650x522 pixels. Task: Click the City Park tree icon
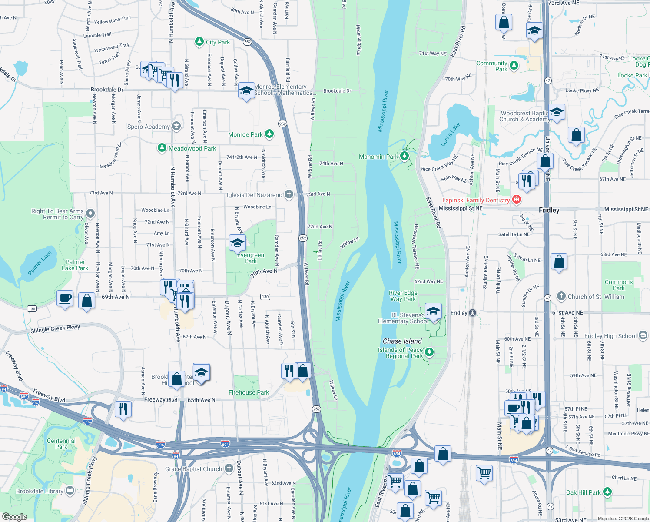click(x=199, y=42)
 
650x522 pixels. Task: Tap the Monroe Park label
click(x=245, y=134)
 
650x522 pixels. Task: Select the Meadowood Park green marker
click(x=162, y=148)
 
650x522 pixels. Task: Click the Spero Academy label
click(x=148, y=127)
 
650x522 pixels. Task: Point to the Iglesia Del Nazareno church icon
click(x=289, y=194)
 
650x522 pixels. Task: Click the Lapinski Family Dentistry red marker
click(x=517, y=200)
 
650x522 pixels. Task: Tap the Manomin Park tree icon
click(x=405, y=156)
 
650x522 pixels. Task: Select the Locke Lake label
click(x=450, y=134)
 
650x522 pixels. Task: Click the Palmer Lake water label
click(x=40, y=263)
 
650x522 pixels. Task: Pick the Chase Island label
click(x=402, y=341)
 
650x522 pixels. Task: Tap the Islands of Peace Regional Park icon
click(x=429, y=352)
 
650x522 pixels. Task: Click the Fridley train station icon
click(x=473, y=313)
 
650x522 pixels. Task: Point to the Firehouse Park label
click(x=249, y=392)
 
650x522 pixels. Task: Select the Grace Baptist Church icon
click(x=229, y=468)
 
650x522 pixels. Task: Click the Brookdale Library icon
click(x=70, y=491)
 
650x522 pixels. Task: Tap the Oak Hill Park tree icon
click(x=607, y=492)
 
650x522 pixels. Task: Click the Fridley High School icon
click(x=643, y=335)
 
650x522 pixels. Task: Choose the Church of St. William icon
click(x=561, y=296)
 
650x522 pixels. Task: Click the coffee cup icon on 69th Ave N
click(x=65, y=298)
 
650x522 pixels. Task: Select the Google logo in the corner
click(x=14, y=516)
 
